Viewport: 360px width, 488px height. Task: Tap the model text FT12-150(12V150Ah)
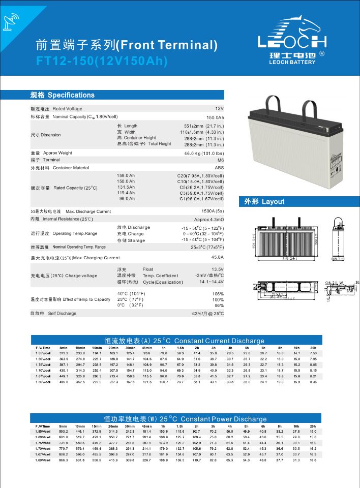(x=102, y=60)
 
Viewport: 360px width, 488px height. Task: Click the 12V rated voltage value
(x=219, y=109)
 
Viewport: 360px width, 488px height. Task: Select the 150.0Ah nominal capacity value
(x=215, y=117)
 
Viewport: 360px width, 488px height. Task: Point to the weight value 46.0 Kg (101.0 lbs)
(x=204, y=153)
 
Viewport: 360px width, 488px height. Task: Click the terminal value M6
(x=220, y=160)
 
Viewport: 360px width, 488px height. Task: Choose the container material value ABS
(x=219, y=168)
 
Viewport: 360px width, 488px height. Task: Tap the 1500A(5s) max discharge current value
(x=213, y=211)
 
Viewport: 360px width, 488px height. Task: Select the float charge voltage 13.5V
(x=218, y=269)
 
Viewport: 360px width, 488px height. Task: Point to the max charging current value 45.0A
(x=217, y=258)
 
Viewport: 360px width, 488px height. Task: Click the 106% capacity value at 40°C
(x=218, y=294)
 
